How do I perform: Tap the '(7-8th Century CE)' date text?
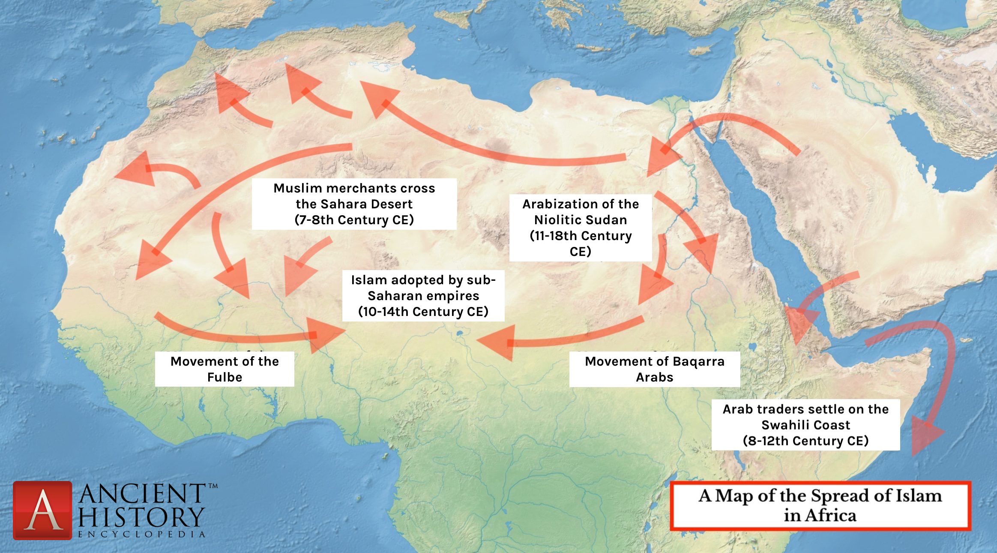(x=354, y=220)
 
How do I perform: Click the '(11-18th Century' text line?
(x=581, y=236)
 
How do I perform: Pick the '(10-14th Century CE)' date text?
(x=423, y=312)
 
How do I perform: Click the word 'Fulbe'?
(x=225, y=377)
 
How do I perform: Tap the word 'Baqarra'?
(x=698, y=361)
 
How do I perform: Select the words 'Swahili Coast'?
(x=805, y=425)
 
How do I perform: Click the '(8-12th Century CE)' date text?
(x=805, y=441)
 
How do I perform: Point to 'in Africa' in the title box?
(x=820, y=515)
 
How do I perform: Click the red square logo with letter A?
(x=42, y=510)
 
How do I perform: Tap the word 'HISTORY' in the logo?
(x=141, y=517)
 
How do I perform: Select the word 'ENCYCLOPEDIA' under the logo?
(x=141, y=535)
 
